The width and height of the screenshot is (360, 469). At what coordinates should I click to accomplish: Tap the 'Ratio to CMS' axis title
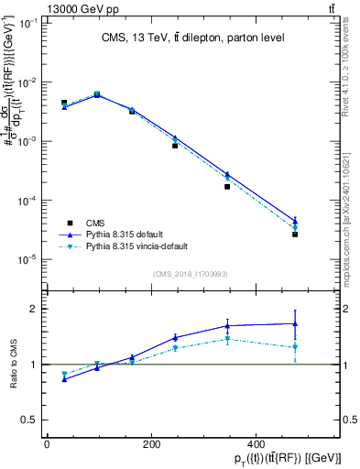13,365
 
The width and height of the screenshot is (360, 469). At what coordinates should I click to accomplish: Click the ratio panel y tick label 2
30,309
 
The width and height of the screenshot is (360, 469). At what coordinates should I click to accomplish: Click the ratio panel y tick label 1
30,365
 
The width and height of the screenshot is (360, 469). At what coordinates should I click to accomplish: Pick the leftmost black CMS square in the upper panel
64,103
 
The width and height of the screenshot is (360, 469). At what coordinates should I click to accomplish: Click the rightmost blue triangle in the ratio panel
295,323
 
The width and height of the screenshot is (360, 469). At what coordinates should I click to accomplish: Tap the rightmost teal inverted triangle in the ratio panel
295,347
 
